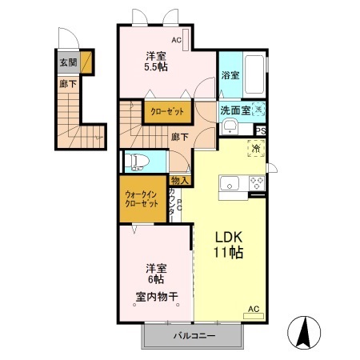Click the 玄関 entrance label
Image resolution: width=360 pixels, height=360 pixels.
point(67,62)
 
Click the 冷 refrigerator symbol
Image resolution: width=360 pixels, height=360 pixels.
point(256,149)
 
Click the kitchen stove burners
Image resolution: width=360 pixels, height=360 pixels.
point(257,183)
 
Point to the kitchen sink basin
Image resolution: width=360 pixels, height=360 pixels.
point(230,183)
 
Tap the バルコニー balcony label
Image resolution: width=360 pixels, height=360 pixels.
point(193,336)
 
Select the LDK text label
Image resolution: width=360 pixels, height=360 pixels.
point(228,237)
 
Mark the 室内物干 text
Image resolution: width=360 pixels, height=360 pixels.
point(156,297)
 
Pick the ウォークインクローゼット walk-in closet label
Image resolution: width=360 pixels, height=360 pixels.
point(142,198)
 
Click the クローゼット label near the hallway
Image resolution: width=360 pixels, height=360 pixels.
point(165,113)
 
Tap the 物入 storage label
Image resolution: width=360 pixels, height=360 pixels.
point(180,180)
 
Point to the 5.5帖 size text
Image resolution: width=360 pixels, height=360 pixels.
point(155,68)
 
